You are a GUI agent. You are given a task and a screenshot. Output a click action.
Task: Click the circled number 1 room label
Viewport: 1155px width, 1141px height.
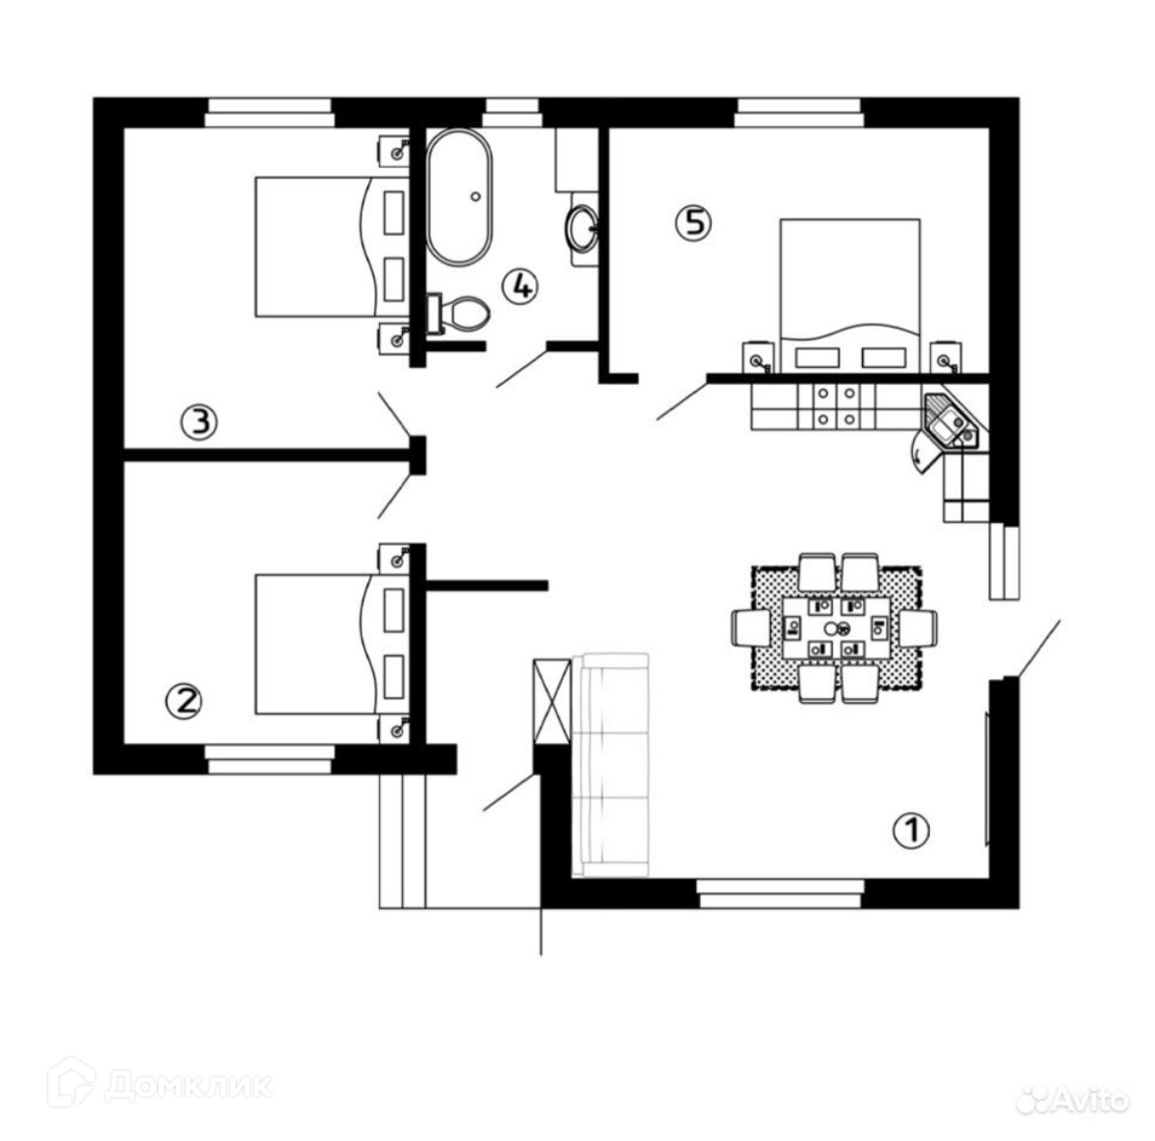(911, 830)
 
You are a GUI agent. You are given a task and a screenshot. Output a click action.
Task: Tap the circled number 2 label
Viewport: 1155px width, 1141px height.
(184, 701)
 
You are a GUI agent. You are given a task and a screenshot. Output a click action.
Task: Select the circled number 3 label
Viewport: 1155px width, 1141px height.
(198, 423)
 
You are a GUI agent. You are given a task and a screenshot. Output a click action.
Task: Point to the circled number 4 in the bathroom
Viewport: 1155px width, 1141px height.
(520, 286)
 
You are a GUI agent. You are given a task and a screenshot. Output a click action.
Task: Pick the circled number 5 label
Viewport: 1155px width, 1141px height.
(692, 222)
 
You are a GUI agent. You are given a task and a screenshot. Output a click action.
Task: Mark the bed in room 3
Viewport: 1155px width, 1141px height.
(316, 246)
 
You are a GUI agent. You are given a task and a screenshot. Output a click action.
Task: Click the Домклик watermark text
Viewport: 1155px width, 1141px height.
(187, 1085)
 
